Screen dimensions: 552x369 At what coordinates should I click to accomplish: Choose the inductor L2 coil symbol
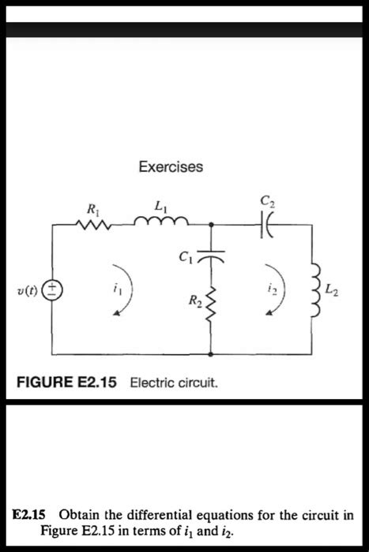(x=312, y=293)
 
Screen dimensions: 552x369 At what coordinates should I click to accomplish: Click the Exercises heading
(x=171, y=167)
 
